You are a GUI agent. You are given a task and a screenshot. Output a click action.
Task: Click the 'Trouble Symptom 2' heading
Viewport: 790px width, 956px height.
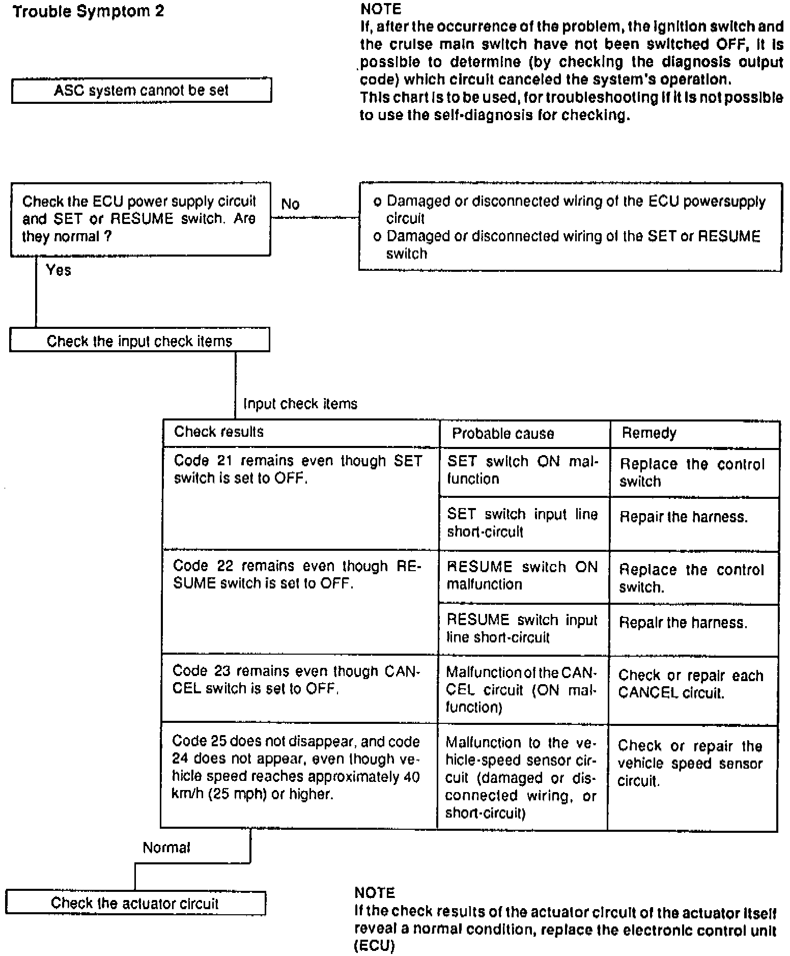pos(89,12)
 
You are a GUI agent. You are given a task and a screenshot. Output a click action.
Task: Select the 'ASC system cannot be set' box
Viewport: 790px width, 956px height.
pos(141,91)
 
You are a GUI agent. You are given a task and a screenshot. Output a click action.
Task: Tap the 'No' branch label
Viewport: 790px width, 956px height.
pos(290,204)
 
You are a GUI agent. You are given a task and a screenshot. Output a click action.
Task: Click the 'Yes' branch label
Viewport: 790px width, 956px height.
pos(58,270)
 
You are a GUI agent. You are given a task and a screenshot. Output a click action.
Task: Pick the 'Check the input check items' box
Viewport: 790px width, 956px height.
pos(139,341)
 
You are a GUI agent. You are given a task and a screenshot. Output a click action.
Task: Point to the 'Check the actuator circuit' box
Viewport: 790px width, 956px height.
pos(135,903)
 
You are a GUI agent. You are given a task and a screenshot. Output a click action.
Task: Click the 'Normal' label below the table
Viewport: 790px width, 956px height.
pos(166,848)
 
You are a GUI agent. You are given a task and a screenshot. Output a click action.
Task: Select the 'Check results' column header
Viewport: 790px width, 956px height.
pos(219,432)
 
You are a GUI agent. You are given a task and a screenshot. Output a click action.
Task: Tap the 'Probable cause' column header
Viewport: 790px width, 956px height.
pos(502,434)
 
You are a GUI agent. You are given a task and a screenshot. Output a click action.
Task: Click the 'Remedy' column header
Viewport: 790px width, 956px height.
pos(649,433)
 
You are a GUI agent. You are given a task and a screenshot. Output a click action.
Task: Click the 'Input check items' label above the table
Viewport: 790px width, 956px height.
pos(300,404)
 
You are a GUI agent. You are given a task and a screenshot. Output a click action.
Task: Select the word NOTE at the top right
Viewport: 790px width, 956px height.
pos(380,9)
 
